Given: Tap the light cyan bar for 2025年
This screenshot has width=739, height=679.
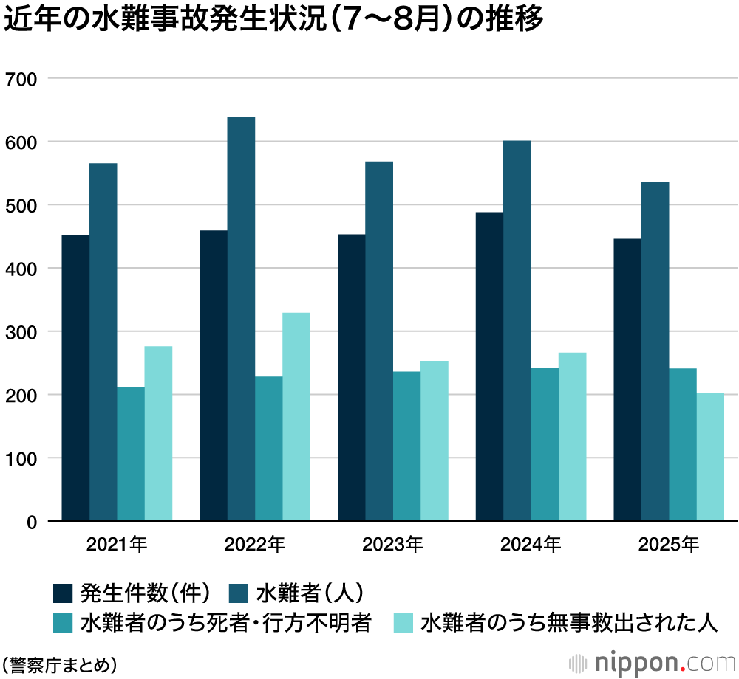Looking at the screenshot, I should [710, 457].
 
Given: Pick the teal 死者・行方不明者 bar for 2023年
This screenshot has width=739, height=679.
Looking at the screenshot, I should [406, 446].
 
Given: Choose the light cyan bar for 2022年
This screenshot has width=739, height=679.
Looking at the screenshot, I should [296, 417].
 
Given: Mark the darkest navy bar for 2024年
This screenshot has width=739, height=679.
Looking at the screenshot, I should [489, 366].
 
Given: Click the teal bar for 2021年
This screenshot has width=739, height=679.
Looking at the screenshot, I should [131, 454].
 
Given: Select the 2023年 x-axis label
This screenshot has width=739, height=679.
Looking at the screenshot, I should [392, 546].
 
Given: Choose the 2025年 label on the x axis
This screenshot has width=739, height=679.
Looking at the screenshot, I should [669, 546].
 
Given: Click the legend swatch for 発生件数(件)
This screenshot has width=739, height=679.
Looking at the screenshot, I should [64, 593].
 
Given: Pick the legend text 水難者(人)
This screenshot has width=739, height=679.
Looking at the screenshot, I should [310, 593].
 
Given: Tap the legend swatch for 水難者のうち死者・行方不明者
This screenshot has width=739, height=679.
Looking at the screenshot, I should [64, 624].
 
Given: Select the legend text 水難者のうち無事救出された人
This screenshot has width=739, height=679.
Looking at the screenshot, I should [569, 624].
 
